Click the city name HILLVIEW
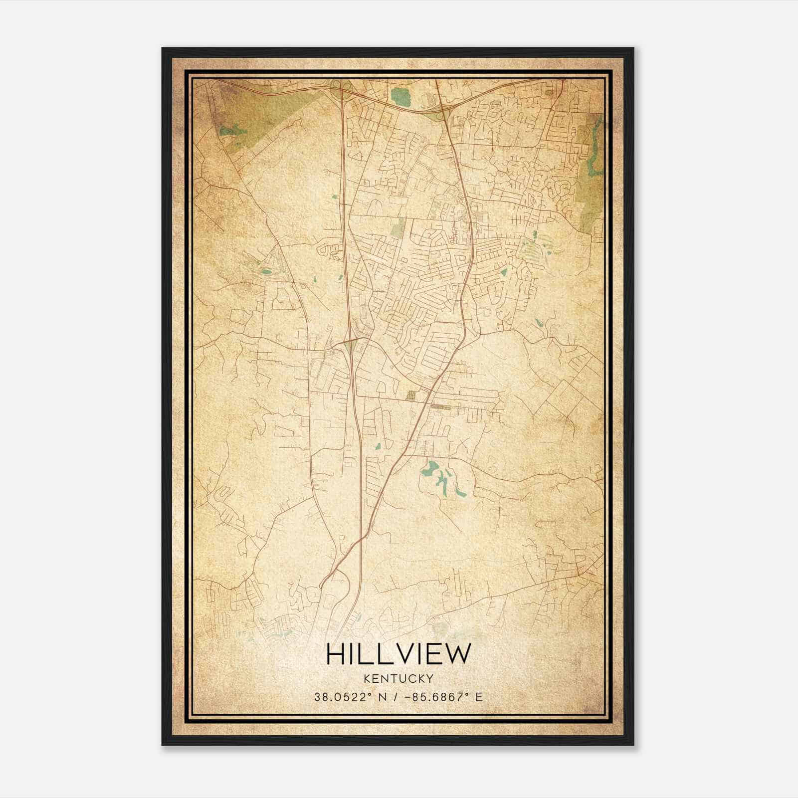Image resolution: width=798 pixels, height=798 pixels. (398, 654)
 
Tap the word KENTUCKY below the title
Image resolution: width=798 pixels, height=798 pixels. (398, 678)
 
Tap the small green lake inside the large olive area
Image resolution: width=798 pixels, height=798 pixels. (232, 131)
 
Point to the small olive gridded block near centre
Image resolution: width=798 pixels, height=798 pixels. (411, 396)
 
